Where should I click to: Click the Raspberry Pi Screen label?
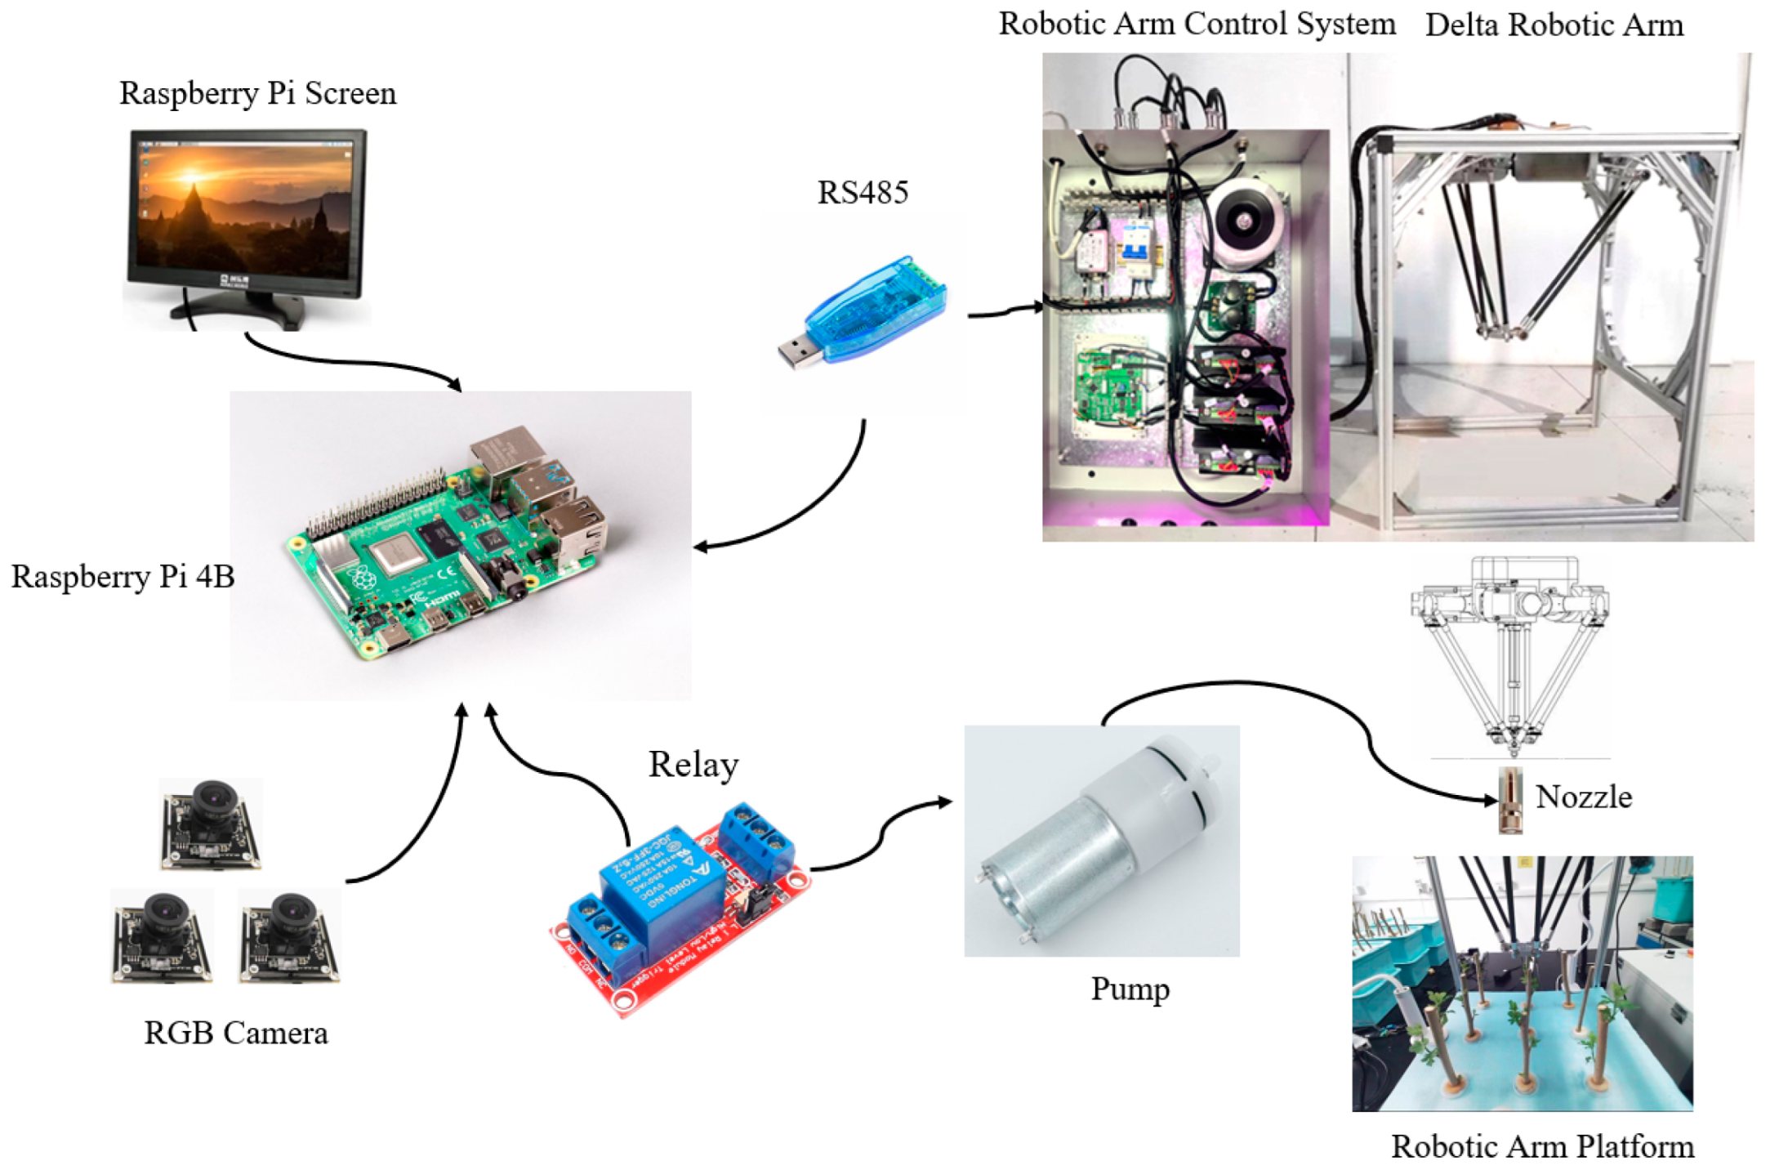257,93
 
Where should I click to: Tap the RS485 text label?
863,193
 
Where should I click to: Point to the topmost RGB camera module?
211,824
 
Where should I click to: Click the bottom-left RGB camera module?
162,936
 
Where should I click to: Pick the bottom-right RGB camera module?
289,936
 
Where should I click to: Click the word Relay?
693,765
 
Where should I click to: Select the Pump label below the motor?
1130,989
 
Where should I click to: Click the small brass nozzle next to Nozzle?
1509,800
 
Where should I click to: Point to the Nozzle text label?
1583,797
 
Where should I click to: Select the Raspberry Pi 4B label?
123,577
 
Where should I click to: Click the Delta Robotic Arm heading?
1554,25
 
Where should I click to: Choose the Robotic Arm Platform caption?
1541,1146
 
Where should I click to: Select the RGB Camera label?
236,1034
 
